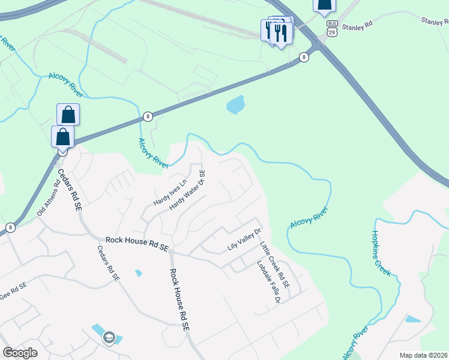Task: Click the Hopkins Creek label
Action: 381,253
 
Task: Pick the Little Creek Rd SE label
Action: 275,263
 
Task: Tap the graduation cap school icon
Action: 109,338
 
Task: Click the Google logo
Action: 20,352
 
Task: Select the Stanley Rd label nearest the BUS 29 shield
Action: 357,27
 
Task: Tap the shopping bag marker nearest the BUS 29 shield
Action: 324,6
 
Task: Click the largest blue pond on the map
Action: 236,105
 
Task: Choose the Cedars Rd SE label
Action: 68,188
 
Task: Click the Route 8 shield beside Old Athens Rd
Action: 10,227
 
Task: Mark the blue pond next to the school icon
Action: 97,330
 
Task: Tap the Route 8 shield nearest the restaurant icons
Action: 304,57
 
